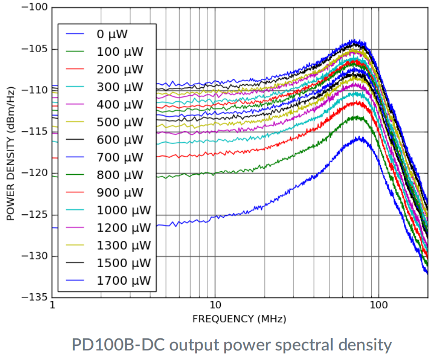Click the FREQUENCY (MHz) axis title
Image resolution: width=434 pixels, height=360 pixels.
(239, 319)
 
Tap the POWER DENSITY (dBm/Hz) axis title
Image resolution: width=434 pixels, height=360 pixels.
(10, 153)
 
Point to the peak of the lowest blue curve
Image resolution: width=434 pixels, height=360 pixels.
(360, 138)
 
